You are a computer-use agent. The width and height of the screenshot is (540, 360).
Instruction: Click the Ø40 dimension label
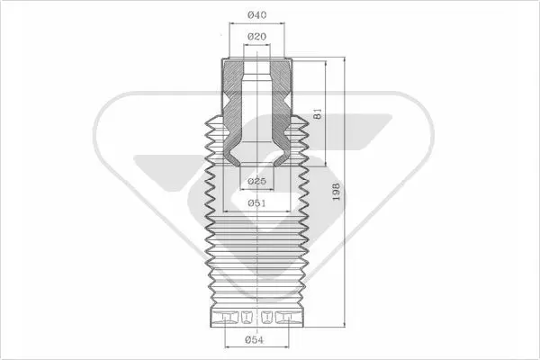tap(256, 14)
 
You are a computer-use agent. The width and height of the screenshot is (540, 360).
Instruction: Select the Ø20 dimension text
tap(256, 36)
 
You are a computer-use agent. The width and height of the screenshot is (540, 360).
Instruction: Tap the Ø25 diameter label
tap(256, 181)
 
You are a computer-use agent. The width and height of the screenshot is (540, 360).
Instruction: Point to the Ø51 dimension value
tap(256, 203)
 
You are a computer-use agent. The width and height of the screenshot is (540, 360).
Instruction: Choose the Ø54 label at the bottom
tap(254, 340)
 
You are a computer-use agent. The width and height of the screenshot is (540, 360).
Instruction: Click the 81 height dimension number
tap(318, 113)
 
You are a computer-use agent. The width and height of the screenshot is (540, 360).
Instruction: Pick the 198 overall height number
tap(336, 192)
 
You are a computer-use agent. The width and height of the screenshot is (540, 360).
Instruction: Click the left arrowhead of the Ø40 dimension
tap(232, 23)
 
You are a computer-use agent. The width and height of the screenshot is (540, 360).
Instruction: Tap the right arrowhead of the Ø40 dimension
tap(282, 23)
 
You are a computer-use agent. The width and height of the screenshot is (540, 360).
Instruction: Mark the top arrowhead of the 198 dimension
tap(344, 60)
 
